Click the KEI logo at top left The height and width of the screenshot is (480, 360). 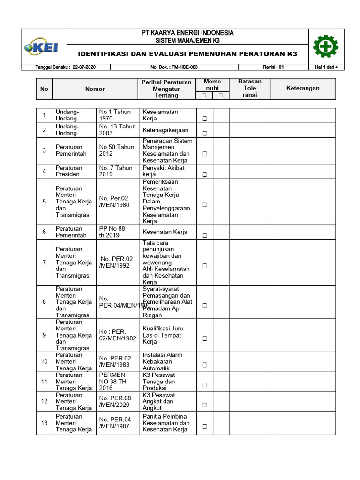pyautogui.click(x=45, y=47)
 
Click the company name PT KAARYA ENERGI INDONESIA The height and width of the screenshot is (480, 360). pyautogui.click(x=187, y=33)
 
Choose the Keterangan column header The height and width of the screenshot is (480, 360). pyautogui.click(x=303, y=88)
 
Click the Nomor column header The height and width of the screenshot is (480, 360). pyautogui.click(x=95, y=89)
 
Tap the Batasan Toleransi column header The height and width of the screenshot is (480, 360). pyautogui.click(x=250, y=88)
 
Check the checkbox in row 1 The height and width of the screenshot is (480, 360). pyautogui.click(x=205, y=119)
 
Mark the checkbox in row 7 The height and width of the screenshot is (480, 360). pyautogui.click(x=205, y=266)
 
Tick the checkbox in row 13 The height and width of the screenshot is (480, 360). pyautogui.click(x=205, y=427)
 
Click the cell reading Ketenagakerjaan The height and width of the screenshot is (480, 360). pyautogui.click(x=165, y=130)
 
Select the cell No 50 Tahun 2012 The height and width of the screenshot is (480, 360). pyautogui.click(x=116, y=150)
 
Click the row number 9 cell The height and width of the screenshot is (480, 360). pyautogui.click(x=44, y=335)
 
